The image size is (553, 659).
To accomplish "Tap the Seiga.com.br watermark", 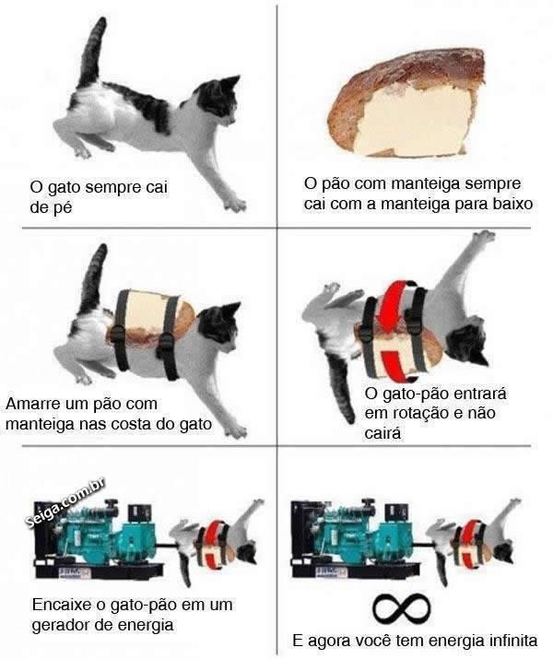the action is click(x=65, y=503).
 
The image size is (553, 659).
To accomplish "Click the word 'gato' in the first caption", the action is click(x=65, y=187).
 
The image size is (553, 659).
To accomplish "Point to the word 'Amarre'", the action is click(x=33, y=404).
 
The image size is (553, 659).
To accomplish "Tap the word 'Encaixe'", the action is click(x=62, y=605).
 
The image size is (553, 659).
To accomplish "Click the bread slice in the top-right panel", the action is click(x=406, y=103).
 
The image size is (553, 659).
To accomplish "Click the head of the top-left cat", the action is click(x=218, y=100).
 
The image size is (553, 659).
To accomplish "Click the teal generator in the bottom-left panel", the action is click(x=99, y=539).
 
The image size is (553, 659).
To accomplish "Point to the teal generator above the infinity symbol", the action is click(x=355, y=539).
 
